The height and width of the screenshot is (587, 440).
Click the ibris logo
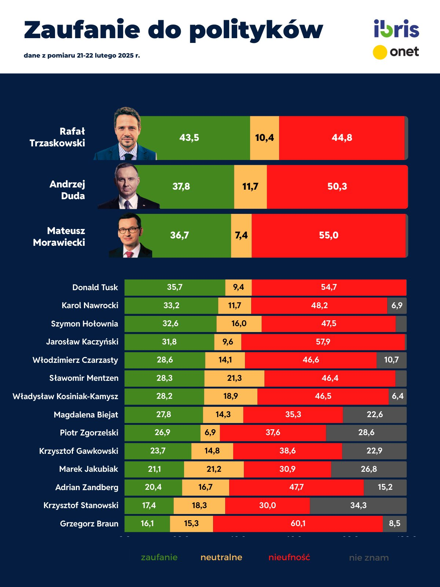396,29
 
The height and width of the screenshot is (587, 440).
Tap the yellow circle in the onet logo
380,52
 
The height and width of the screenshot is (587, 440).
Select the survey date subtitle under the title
82,56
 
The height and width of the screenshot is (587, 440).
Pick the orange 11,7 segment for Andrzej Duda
250,187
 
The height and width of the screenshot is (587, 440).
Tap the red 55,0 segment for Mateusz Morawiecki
329,236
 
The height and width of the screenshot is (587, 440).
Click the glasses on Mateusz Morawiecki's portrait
129,230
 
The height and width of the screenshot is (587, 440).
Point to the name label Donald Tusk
95,288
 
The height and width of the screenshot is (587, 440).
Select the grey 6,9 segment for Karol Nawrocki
397,306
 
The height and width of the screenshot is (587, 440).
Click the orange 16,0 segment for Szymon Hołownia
239,324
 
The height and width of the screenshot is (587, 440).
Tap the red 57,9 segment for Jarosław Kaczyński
323,342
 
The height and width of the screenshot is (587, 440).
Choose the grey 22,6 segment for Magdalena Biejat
375,415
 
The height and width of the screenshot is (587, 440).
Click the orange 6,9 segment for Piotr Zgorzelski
210,433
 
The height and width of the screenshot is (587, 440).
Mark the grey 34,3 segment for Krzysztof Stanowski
358,506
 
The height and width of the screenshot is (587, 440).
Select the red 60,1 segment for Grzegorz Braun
298,524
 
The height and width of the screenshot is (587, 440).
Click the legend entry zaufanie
159,558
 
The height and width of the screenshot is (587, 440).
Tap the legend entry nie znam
369,558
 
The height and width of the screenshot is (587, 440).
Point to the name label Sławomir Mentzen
84,378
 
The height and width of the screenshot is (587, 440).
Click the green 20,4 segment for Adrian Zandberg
153,487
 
